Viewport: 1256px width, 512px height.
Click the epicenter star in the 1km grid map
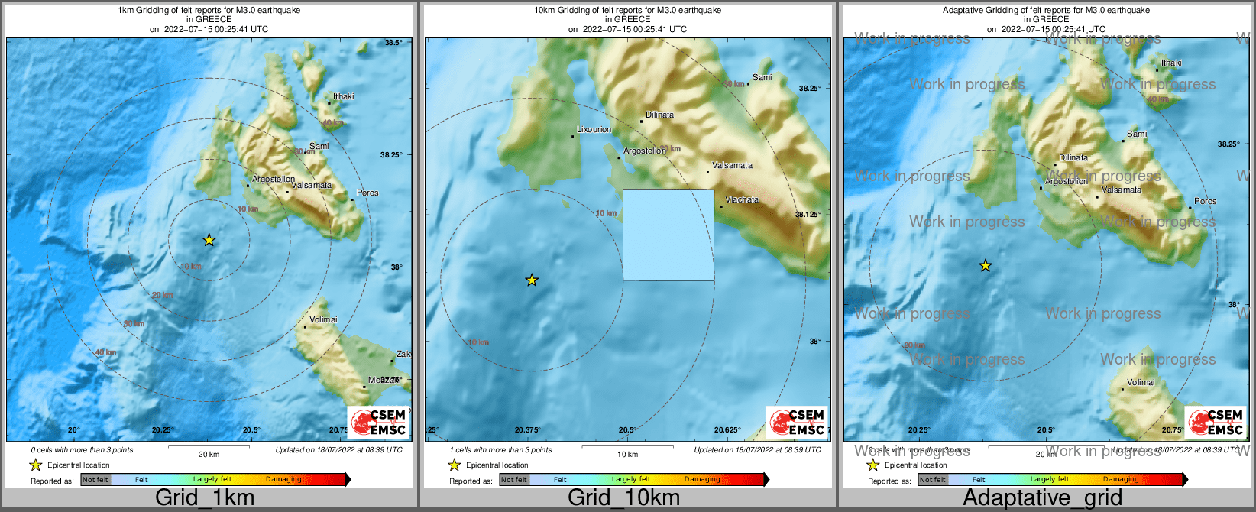(x=209, y=240)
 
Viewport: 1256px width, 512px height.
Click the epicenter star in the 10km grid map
(x=532, y=280)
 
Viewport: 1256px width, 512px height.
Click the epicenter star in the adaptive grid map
(x=986, y=265)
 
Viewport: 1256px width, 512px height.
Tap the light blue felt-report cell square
(x=668, y=235)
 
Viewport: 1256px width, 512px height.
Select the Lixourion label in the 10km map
(x=594, y=129)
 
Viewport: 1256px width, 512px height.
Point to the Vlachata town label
(x=742, y=199)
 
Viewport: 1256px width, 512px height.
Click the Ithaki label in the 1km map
(x=343, y=96)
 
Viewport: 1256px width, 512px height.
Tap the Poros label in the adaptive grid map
(x=1205, y=201)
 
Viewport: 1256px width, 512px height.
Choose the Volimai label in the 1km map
(x=323, y=319)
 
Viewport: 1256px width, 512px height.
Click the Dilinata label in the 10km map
(x=659, y=115)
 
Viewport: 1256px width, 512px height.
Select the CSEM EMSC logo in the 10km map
(x=797, y=422)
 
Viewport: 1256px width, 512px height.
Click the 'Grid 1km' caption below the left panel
(x=205, y=498)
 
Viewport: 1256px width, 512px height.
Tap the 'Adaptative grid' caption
(x=1042, y=498)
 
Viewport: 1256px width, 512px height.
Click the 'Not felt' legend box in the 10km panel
(x=514, y=480)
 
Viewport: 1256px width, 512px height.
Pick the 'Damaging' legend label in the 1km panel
(x=283, y=480)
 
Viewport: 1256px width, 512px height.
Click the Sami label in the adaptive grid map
(x=1137, y=134)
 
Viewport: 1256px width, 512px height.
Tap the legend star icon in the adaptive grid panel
(x=872, y=465)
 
